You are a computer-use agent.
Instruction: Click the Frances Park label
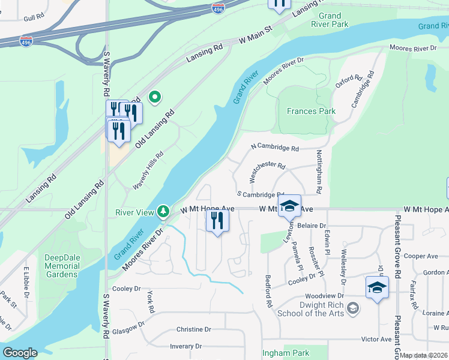[x=311, y=111]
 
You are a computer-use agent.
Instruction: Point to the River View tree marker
[x=163, y=211]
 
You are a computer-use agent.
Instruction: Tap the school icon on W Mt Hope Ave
[x=289, y=206]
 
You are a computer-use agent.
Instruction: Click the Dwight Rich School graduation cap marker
[x=354, y=309]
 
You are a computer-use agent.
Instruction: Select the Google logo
[x=20, y=353]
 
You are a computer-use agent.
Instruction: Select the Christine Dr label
[x=194, y=329]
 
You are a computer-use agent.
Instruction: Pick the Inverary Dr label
[x=185, y=346]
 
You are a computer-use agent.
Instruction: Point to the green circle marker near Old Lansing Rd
[x=155, y=97]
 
